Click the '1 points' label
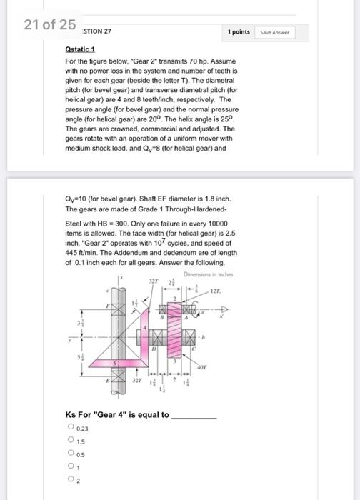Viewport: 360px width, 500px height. tap(239, 32)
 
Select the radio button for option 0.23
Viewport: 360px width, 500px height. tap(71, 427)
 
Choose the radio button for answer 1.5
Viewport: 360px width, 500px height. tap(71, 441)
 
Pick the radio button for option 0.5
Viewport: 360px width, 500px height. tap(71, 454)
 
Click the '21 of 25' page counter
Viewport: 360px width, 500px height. tap(49, 25)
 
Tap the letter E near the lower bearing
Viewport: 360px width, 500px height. tap(109, 382)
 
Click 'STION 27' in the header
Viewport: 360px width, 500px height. tap(97, 31)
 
